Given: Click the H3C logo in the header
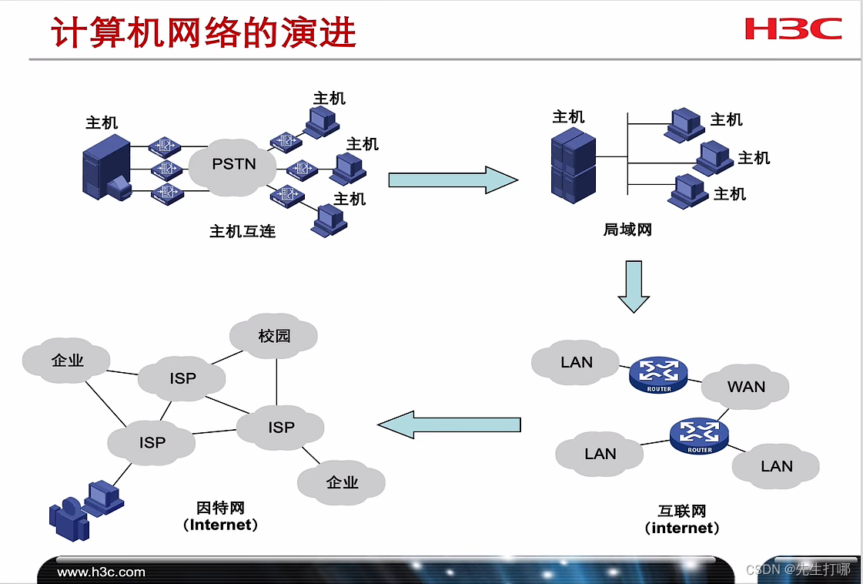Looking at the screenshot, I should pos(793,29).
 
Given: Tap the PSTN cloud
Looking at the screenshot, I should pos(233,164).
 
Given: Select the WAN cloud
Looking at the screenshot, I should pos(746,386).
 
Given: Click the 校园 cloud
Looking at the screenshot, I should pos(273,337).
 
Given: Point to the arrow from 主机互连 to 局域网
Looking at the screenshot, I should pos(452,180).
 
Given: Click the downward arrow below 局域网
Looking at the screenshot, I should pos(634,286).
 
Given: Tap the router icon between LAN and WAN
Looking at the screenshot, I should pos(658,374).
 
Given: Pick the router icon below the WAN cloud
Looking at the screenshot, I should pos(699,435).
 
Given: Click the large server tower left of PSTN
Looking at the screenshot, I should pos(106,168).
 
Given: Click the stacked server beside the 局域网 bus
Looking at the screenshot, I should pos(574,165).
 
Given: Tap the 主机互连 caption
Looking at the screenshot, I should pos(243,231).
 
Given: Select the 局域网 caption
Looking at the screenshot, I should pos(627,230).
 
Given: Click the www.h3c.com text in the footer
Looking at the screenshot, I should pos(102,572).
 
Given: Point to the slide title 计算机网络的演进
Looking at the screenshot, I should pos(204,33).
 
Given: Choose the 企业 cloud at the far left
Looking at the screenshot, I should pos(67,360).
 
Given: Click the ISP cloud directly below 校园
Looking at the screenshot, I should pos(281,427).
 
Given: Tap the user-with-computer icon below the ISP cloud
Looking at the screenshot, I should pos(85,509).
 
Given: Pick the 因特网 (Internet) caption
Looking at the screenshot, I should pos(221,516).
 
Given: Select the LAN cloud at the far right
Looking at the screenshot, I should pos(776,466).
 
